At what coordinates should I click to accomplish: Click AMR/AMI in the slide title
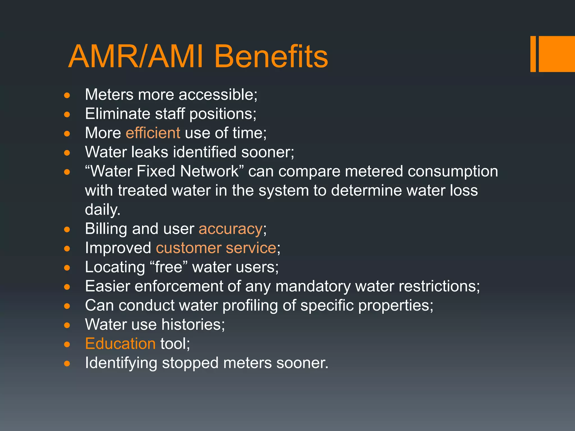point(135,57)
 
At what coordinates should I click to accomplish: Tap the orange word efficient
point(153,133)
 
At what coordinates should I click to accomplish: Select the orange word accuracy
point(231,229)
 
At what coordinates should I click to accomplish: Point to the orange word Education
point(120,344)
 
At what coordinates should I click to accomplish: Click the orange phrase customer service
point(216,248)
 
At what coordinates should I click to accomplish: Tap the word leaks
point(150,152)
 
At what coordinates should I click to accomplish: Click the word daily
point(102,210)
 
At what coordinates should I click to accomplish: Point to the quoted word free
point(169,267)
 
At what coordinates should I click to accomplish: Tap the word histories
point(193,325)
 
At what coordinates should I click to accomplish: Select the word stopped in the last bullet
point(190,363)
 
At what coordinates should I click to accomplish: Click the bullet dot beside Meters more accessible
point(67,96)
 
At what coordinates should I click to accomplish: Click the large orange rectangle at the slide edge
point(556,54)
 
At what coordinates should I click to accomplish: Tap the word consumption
point(453,171)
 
